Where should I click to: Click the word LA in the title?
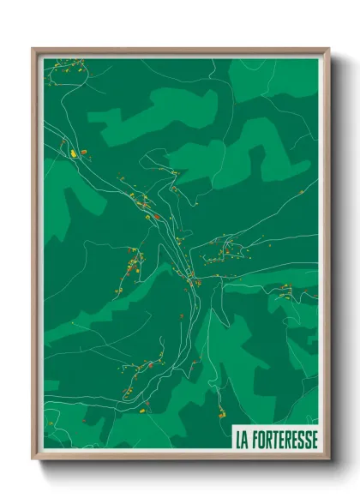tap(243, 439)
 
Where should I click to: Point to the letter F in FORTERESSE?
tap(256, 439)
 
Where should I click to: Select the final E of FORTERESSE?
tap(314, 439)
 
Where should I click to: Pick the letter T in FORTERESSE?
tap(279, 439)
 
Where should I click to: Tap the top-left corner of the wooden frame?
tap(33, 49)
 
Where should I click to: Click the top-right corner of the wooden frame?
tap(328, 49)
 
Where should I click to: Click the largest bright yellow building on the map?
tap(75, 152)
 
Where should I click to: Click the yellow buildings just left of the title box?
tap(222, 414)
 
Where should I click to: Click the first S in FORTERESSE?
tap(300, 439)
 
